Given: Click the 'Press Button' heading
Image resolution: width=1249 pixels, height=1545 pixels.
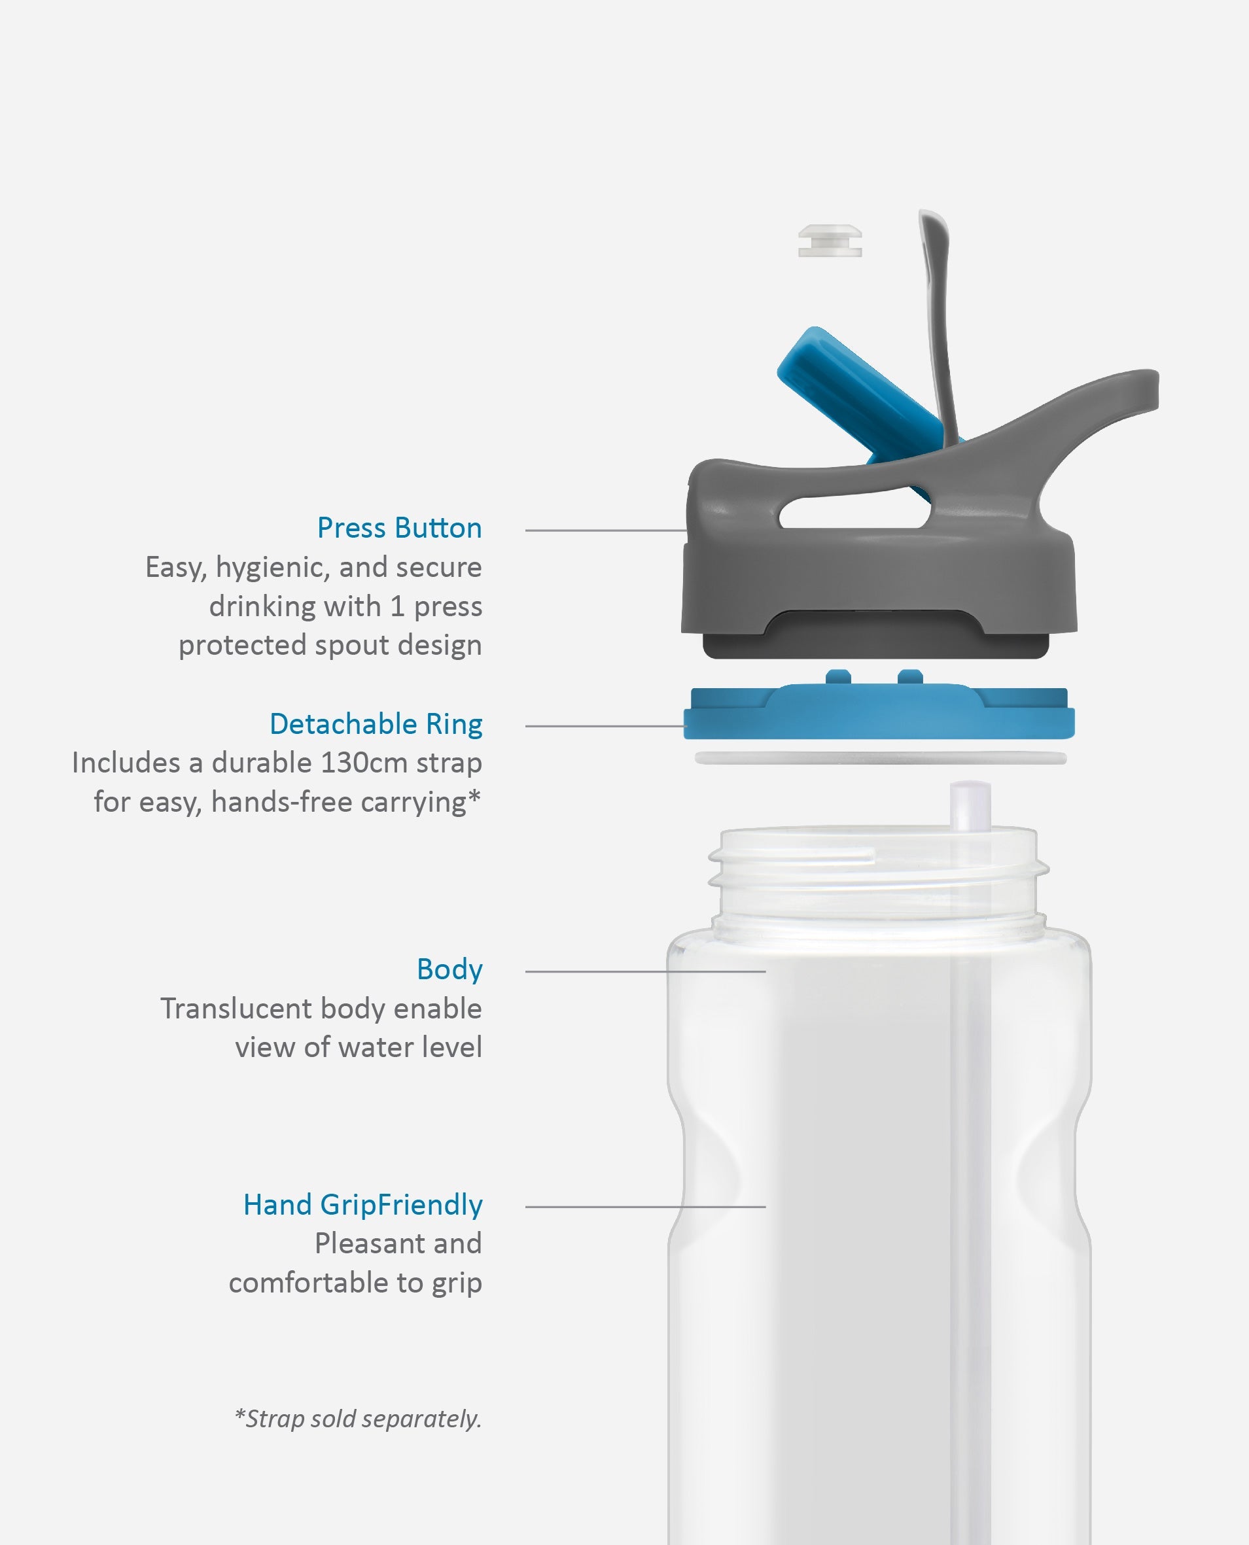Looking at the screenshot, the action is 399,529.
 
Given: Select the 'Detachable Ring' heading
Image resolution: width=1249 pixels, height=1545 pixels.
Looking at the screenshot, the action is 376,724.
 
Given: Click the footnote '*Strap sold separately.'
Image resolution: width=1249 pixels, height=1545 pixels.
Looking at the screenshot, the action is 358,1418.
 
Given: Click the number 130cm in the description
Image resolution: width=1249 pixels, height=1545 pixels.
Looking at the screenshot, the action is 364,763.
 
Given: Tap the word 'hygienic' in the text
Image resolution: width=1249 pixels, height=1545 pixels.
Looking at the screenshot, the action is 273,568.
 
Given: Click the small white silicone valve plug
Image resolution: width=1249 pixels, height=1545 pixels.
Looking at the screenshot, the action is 830,240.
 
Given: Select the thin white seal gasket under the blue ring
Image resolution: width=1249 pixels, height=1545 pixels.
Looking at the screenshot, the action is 881,757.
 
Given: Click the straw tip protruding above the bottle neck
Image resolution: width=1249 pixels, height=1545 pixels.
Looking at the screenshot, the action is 970,804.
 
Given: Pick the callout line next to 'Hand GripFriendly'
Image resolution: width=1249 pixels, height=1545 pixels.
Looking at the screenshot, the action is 645,1207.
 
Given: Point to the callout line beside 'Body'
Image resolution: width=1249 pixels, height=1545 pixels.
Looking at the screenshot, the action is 645,972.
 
